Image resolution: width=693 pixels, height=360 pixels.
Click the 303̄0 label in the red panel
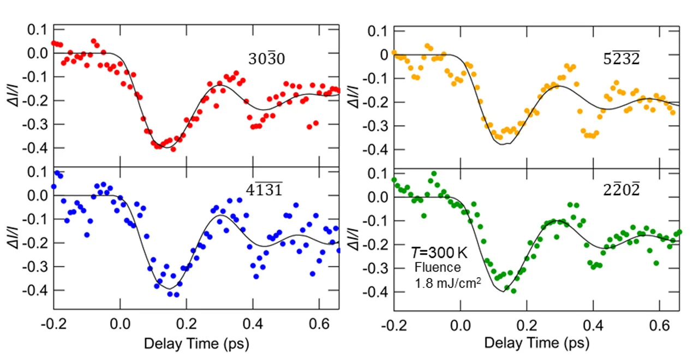[266, 59]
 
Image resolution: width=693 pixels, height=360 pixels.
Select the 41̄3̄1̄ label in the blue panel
[264, 189]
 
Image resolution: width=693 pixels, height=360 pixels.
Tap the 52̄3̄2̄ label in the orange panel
[622, 59]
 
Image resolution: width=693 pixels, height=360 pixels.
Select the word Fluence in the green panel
[438, 267]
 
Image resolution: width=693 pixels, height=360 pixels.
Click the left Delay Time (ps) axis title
[196, 345]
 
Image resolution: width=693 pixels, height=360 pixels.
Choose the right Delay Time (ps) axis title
[536, 343]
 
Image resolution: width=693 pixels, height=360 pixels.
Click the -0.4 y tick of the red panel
[38, 148]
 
